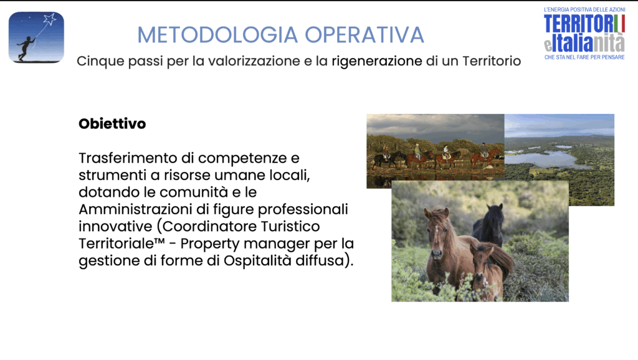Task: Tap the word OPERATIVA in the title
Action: [x=364, y=35]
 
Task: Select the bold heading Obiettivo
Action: [x=112, y=124]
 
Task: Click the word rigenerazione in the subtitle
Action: [x=377, y=62]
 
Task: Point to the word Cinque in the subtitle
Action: [x=100, y=62]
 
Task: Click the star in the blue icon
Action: [x=50, y=19]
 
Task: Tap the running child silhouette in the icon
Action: [x=26, y=48]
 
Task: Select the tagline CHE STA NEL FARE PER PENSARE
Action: [x=584, y=57]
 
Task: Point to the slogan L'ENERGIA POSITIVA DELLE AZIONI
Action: [x=584, y=9]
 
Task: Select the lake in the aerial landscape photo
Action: [x=545, y=158]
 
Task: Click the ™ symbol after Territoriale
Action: [x=159, y=241]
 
